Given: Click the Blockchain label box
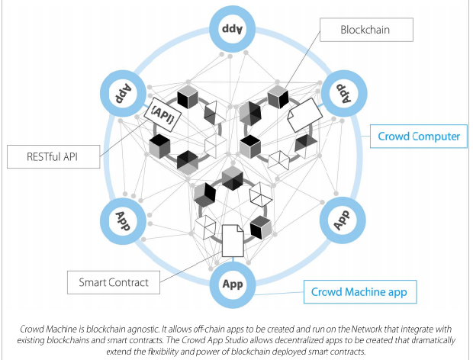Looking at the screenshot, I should (x=365, y=30).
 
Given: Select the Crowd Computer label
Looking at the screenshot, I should (x=419, y=137).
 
